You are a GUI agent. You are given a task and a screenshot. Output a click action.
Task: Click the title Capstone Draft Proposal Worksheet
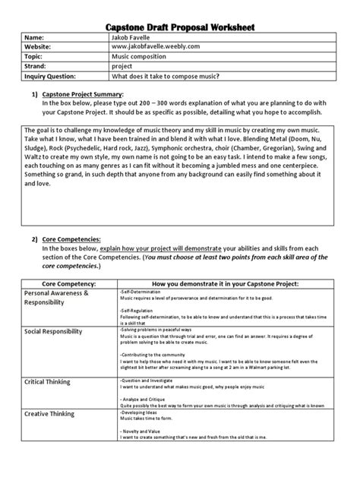click(180, 28)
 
